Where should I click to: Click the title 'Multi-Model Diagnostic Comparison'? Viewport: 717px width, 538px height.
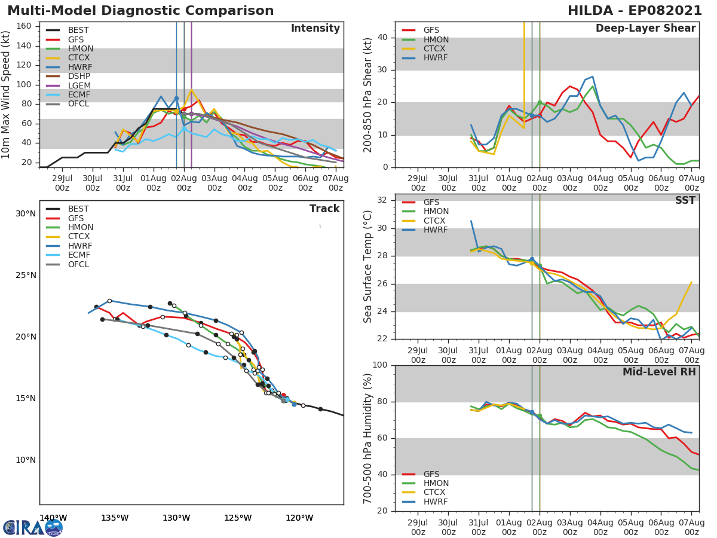click(140, 11)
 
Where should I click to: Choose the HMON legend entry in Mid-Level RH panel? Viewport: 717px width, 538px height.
click(436, 483)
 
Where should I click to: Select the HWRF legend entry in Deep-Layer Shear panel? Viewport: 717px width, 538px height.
click(436, 58)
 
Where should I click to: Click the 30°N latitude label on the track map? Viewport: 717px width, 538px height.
click(26, 213)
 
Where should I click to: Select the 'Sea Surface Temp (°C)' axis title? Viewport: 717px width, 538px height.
click(368, 266)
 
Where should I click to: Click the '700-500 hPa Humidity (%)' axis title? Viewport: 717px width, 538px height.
click(368, 438)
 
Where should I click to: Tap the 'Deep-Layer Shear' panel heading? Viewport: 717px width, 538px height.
click(645, 29)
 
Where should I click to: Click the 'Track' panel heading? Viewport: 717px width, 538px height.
click(324, 209)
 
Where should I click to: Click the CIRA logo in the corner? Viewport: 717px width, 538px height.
click(33, 527)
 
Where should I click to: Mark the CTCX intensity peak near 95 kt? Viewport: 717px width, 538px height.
click(191, 90)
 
